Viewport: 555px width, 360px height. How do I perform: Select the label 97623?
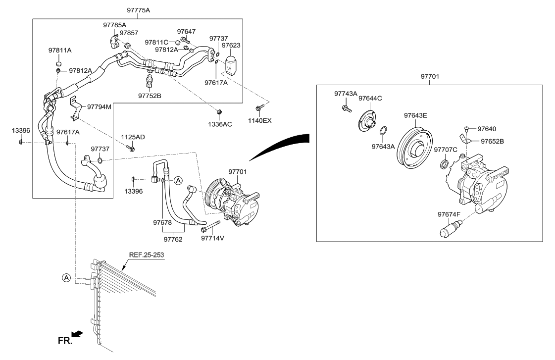[x=231, y=46]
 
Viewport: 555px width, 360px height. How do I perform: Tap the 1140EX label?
[x=260, y=120]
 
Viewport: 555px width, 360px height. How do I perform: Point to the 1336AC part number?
[x=219, y=124]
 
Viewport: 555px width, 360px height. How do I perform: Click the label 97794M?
[x=100, y=106]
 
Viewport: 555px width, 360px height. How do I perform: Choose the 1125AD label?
[x=133, y=137]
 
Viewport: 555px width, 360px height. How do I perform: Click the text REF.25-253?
[x=147, y=255]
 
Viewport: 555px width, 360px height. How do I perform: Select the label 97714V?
[x=213, y=238]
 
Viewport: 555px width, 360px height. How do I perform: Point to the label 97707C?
[x=445, y=150]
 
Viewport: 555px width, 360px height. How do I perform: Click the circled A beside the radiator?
[x=66, y=278]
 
